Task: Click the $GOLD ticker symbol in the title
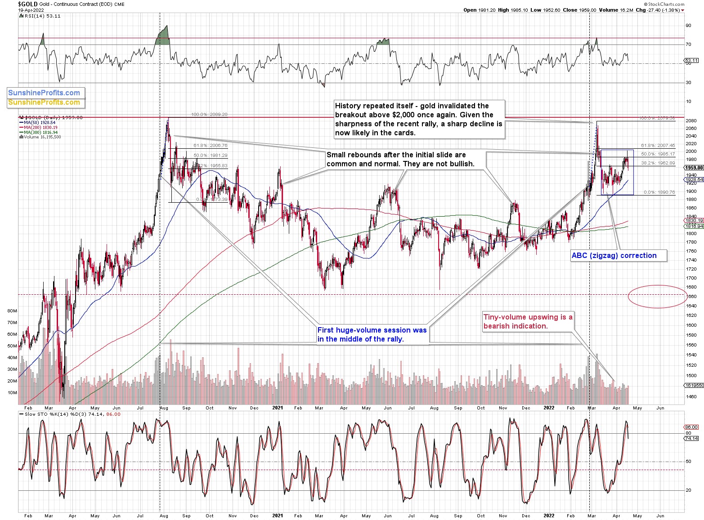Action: click(28, 4)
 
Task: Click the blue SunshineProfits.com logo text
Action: click(44, 93)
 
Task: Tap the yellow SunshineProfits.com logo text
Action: click(44, 102)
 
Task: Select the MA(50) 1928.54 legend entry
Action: click(38, 123)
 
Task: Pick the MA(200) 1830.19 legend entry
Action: click(39, 128)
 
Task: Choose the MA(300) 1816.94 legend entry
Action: click(39, 133)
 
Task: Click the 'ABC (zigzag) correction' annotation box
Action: click(614, 256)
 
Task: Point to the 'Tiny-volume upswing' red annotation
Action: click(528, 322)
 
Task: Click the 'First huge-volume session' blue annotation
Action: click(372, 334)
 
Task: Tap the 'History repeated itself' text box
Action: click(418, 119)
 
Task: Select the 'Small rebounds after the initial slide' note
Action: click(400, 160)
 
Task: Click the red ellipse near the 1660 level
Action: click(657, 297)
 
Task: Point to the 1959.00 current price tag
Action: click(694, 168)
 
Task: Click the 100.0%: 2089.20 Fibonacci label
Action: click(209, 115)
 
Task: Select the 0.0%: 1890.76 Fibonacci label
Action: click(659, 192)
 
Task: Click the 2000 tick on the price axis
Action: click(691, 151)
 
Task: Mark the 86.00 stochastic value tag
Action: click(691, 427)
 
